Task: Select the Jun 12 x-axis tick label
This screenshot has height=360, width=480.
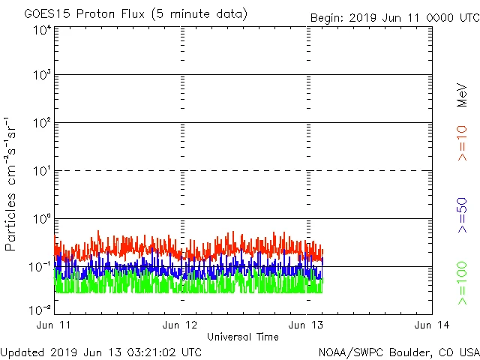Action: click(181, 324)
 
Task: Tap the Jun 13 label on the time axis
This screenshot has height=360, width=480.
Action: click(307, 324)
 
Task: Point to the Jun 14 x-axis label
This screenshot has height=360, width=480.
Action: click(431, 324)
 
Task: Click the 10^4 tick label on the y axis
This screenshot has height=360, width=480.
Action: click(42, 30)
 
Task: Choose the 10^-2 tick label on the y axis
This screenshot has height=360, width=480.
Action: click(40, 309)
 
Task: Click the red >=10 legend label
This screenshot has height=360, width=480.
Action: click(462, 142)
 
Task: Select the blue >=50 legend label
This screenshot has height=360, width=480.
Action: click(462, 214)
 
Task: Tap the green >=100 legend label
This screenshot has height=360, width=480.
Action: click(462, 283)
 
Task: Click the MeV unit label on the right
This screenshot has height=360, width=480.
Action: click(462, 94)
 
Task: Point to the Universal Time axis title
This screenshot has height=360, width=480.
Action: click(243, 337)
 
